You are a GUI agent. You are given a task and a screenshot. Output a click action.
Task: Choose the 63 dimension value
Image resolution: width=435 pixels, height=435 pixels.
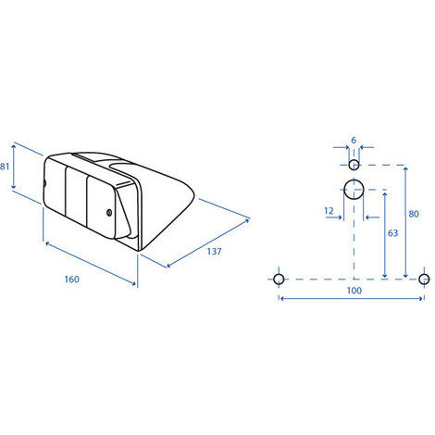point(394,235)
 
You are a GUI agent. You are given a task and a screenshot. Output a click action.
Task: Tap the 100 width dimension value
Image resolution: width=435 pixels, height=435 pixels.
point(352,290)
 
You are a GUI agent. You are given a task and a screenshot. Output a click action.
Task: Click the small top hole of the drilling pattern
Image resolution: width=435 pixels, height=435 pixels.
point(354,165)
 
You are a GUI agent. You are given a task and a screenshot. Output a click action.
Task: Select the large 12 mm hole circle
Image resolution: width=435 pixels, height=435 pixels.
point(354,191)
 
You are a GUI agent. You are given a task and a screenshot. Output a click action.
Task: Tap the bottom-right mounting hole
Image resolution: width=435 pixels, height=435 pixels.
point(424,279)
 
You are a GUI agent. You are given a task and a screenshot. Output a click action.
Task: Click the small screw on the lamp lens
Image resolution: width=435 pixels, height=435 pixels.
point(110,213)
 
